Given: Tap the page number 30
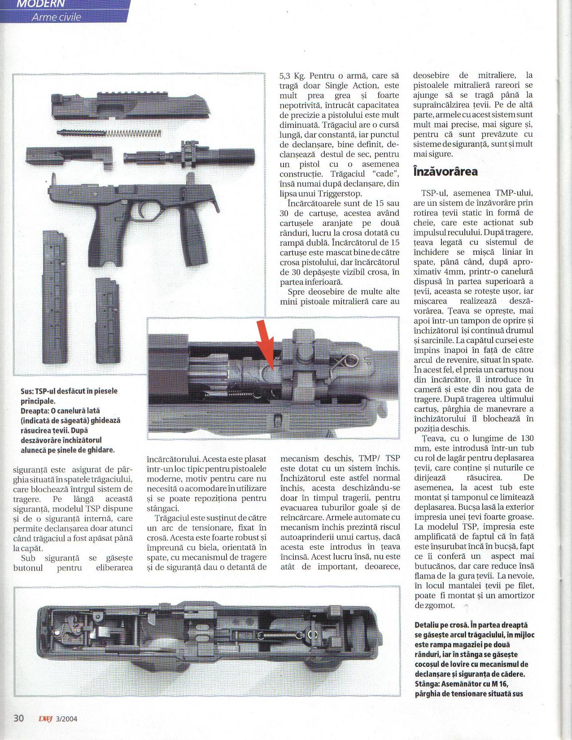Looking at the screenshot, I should click(x=18, y=718).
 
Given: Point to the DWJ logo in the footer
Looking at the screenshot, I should click(x=45, y=718).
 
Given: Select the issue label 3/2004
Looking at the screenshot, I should click(x=66, y=718).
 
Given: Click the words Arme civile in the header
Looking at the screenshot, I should click(x=56, y=17).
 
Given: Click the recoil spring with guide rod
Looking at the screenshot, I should click(x=110, y=133).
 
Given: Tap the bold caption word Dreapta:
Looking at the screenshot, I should click(x=35, y=411).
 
